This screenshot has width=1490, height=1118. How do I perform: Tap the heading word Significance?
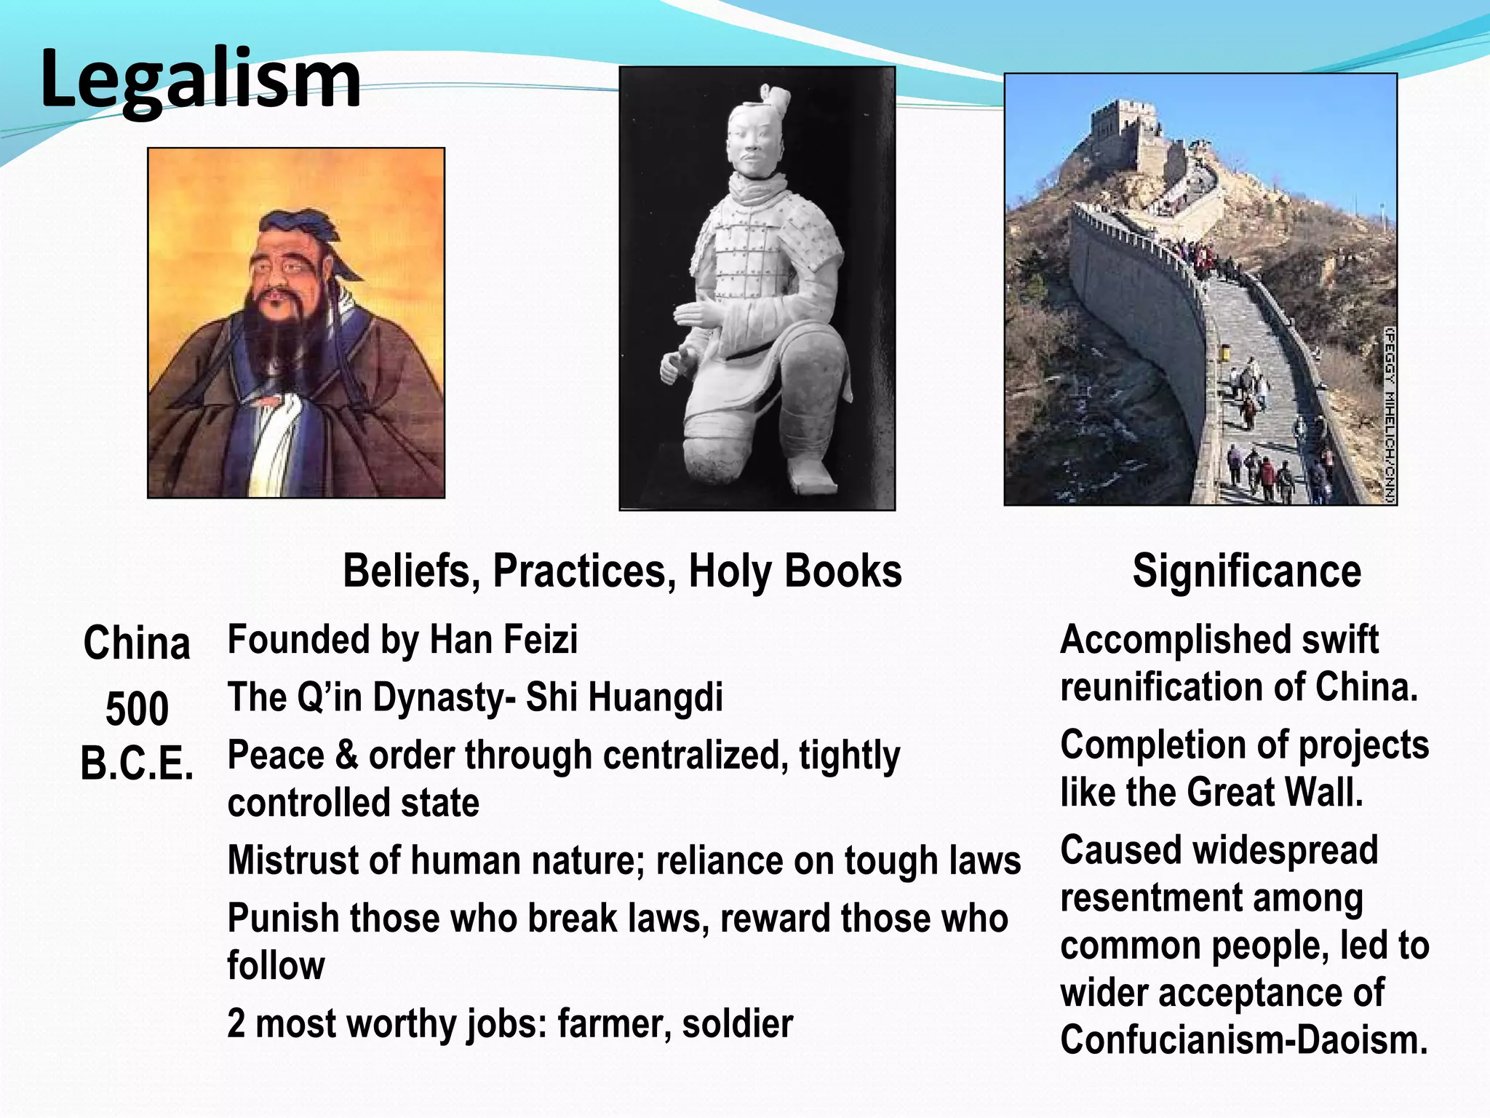[x=1246, y=571]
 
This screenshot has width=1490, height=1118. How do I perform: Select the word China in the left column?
[x=137, y=643]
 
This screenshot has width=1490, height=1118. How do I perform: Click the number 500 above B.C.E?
[x=137, y=707]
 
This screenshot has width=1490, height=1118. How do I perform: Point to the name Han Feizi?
[x=503, y=640]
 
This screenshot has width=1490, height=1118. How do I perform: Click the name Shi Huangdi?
[x=624, y=697]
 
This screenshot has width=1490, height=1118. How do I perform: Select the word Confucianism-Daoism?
[x=1243, y=1039]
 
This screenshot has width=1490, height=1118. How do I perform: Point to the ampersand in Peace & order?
[x=346, y=756]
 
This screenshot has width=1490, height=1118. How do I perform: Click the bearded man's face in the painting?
[x=282, y=273]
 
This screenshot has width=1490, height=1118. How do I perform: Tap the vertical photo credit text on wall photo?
[x=1388, y=415]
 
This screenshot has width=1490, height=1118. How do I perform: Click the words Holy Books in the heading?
[x=794, y=571]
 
